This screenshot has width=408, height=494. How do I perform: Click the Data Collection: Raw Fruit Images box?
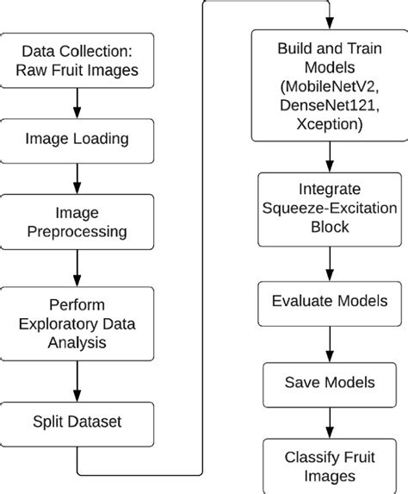click(x=77, y=59)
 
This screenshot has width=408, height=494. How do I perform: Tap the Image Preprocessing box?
click(x=77, y=221)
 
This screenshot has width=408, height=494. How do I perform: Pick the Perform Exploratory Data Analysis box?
click(x=77, y=326)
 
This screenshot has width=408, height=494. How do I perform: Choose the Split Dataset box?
click(x=77, y=423)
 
